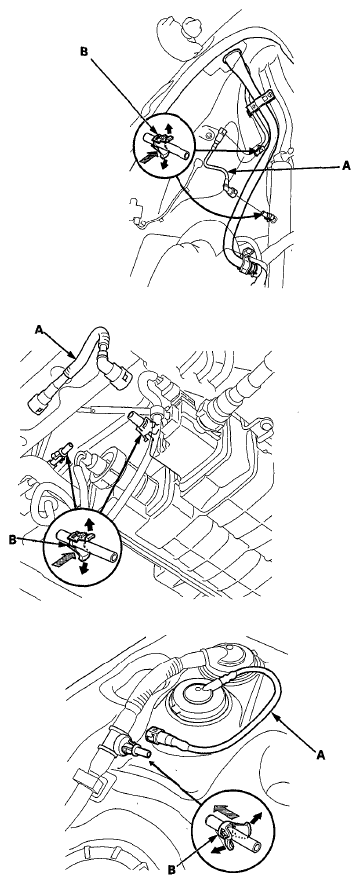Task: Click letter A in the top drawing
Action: point(345,166)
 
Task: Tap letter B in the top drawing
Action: point(84,51)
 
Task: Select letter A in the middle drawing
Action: point(39,331)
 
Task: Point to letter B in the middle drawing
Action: point(13,539)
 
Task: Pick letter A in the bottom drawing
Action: point(320,755)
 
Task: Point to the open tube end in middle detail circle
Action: point(114,557)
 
